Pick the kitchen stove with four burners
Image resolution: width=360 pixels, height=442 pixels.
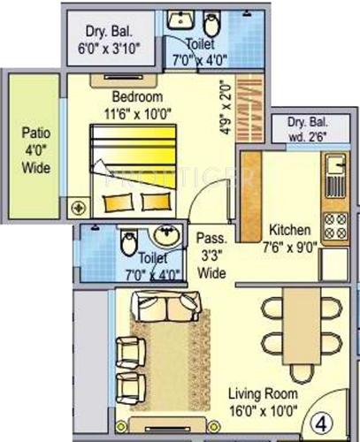[x=335, y=228]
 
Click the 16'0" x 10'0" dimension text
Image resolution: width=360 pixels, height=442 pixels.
[x=262, y=411]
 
